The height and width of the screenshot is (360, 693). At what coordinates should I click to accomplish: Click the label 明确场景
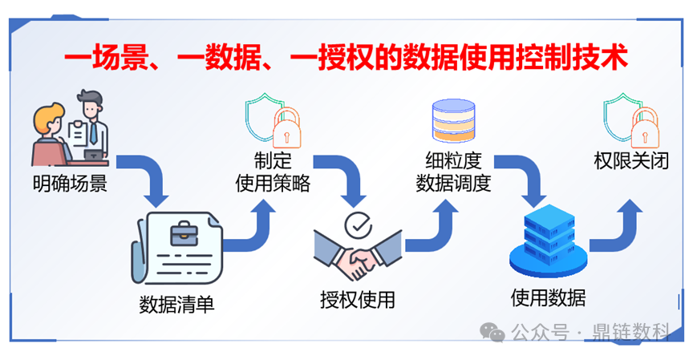(70, 183)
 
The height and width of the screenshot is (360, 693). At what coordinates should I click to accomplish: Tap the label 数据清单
(176, 305)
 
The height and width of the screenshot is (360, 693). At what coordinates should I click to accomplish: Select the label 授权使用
(358, 300)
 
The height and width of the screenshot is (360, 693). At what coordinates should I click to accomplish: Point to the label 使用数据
(548, 298)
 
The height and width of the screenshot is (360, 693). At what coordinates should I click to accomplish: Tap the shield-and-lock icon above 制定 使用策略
(271, 120)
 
